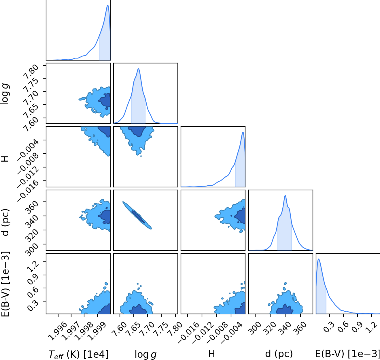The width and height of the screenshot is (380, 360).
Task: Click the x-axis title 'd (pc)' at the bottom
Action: point(279,353)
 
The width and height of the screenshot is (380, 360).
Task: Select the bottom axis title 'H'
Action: point(211,354)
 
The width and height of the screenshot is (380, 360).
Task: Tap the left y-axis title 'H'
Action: point(5,159)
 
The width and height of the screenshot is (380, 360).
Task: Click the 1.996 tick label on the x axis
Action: point(57,331)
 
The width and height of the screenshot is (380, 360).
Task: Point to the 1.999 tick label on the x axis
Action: point(97,331)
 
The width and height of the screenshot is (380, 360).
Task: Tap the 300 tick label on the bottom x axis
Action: point(255,328)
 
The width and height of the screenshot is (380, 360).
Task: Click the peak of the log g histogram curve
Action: point(138,69)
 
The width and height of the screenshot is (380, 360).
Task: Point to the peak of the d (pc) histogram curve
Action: point(285,196)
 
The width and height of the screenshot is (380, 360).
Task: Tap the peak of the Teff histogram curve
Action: point(108,5)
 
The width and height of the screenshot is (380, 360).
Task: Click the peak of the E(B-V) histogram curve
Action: point(319,259)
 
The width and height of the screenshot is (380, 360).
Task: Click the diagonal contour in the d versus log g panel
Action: point(137,215)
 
